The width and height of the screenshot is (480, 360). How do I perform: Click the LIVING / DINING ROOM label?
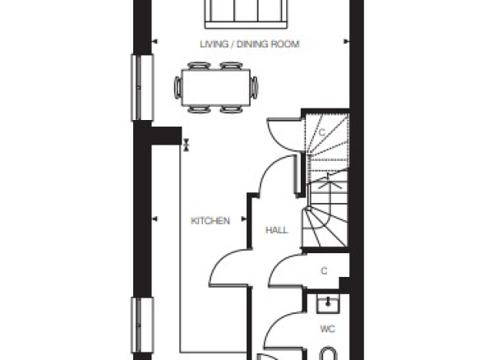pyautogui.click(x=250, y=44)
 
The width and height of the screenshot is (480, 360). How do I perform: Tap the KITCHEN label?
pyautogui.click(x=210, y=221)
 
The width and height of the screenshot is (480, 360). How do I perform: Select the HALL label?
pyautogui.click(x=277, y=230)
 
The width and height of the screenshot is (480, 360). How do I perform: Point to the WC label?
pyautogui.click(x=328, y=329)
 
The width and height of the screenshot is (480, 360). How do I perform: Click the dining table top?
pyautogui.click(x=216, y=88)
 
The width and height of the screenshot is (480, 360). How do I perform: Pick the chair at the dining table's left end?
pyautogui.click(x=178, y=88)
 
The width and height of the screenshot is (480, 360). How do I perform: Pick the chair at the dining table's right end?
pyautogui.click(x=255, y=88)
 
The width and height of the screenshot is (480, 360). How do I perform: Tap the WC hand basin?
pyautogui.click(x=328, y=304)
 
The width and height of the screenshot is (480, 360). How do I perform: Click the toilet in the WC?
pyautogui.click(x=328, y=353)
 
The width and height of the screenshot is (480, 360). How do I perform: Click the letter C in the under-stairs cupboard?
pyautogui.click(x=321, y=132)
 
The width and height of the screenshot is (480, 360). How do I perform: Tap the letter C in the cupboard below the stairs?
pyautogui.click(x=324, y=271)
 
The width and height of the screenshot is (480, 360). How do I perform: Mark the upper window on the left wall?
pyautogui.click(x=142, y=88)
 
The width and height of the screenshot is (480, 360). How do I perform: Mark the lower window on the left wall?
pyautogui.click(x=142, y=325)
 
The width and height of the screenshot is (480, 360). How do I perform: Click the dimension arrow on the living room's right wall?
pyautogui.click(x=346, y=41)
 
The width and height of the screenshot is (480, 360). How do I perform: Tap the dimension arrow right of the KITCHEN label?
pyautogui.click(x=244, y=219)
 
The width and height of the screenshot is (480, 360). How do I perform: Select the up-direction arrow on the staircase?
pyautogui.click(x=329, y=181)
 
